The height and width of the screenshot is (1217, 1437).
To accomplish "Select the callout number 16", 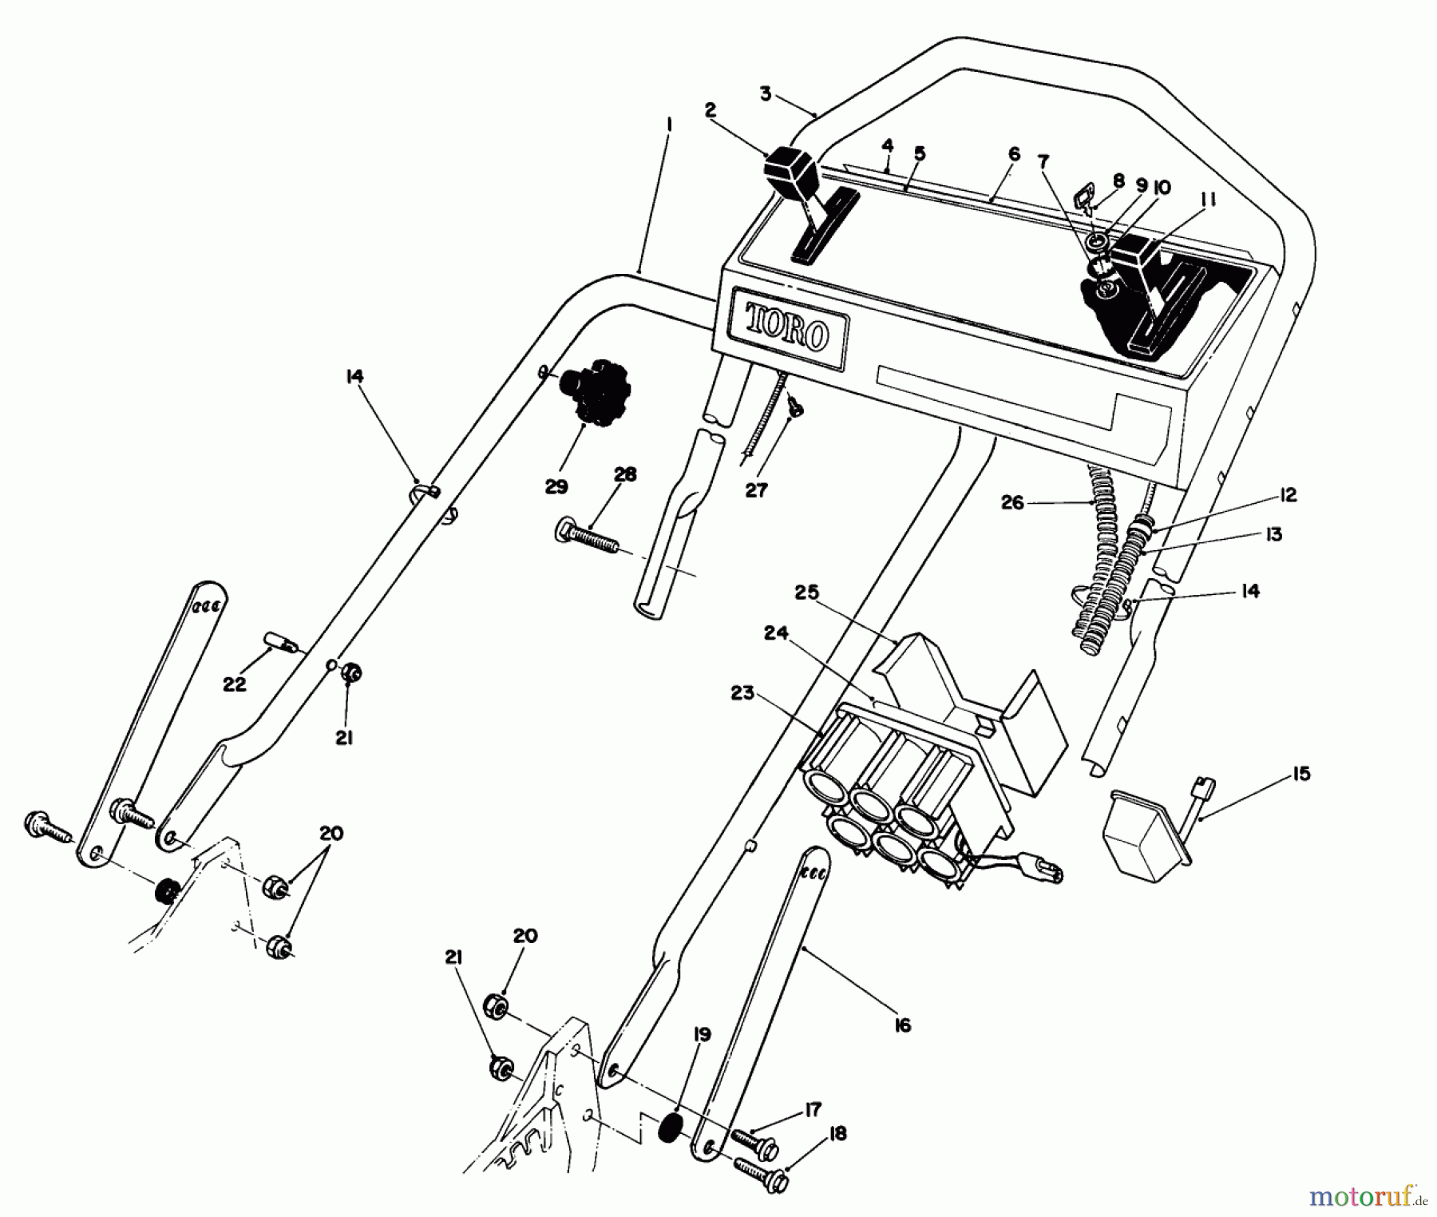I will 902,1025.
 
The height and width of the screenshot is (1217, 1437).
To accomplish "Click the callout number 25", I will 807,593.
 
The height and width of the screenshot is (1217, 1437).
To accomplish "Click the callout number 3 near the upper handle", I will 766,94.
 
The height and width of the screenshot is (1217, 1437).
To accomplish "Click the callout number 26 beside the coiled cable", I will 1012,503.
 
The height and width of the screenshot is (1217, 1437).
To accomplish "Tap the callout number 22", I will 235,684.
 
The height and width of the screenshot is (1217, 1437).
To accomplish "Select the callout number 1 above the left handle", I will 669,125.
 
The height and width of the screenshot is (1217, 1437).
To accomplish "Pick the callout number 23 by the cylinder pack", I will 742,693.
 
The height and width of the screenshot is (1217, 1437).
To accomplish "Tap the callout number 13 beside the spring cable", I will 1274,534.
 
